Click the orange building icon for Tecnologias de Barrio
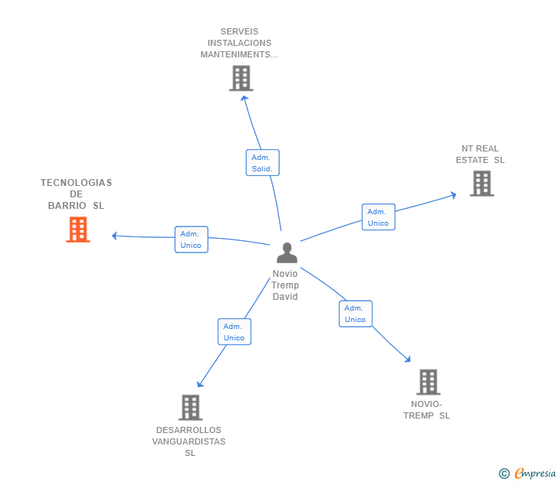77,230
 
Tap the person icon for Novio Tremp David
287,252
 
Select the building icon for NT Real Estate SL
481,184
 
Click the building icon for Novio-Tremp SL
428,382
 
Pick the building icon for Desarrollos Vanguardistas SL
190,407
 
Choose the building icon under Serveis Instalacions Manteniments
241,78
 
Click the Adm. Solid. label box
262,163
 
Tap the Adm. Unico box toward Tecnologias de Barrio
191,239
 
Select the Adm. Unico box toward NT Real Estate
378,217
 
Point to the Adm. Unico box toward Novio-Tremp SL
355,314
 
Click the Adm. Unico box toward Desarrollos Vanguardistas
234,332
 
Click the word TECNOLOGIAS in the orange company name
76,183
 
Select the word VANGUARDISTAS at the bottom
189,441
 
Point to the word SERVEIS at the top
239,32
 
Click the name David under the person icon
285,297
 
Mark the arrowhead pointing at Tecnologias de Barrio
115,236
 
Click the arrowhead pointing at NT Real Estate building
453,194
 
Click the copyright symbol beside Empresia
504,474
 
